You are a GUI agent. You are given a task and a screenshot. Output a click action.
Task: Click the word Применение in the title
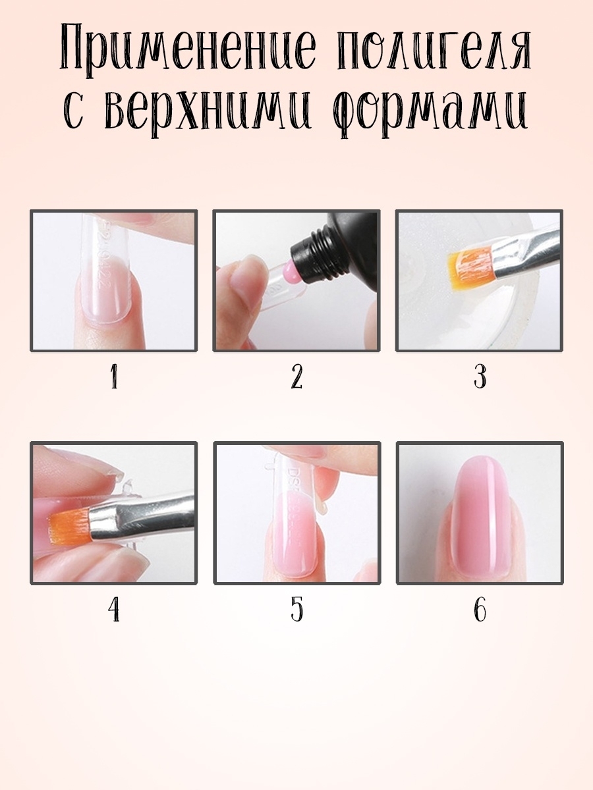click(188, 51)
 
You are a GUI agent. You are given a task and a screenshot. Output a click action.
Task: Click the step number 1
click(115, 377)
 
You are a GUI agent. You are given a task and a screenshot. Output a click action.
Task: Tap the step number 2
click(296, 377)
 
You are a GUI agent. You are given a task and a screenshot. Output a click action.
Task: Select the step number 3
click(480, 377)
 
